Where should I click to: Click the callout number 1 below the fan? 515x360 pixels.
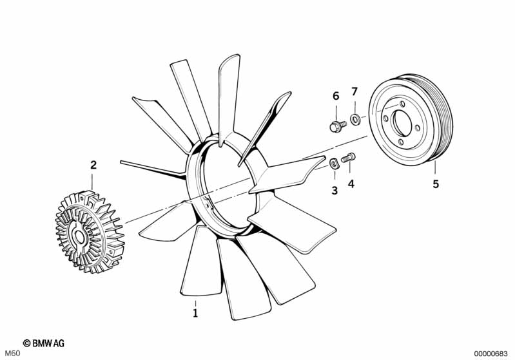pos(195,313)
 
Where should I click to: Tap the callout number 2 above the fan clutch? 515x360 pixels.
pos(93,165)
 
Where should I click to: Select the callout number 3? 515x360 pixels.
pos(335,191)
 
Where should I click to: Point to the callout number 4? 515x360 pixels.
pos(351,184)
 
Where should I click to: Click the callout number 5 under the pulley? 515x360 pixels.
pos(436,184)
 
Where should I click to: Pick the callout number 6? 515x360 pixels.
pos(336,96)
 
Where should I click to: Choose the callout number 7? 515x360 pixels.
pos(354,91)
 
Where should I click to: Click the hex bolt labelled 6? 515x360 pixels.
pos(338,126)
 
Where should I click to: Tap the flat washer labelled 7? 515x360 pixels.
pos(355,118)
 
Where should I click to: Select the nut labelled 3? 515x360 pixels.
pos(335,163)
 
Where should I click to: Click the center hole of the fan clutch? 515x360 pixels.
pos(80,238)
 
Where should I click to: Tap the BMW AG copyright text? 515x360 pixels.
pos(44,343)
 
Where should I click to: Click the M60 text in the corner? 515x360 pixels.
pos(13,354)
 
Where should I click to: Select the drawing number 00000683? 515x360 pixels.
pos(491,354)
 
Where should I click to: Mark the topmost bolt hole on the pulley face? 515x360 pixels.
pos(402,104)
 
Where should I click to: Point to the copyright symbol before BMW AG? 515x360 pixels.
pos(26,343)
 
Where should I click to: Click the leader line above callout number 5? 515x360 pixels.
pos(435,167)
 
